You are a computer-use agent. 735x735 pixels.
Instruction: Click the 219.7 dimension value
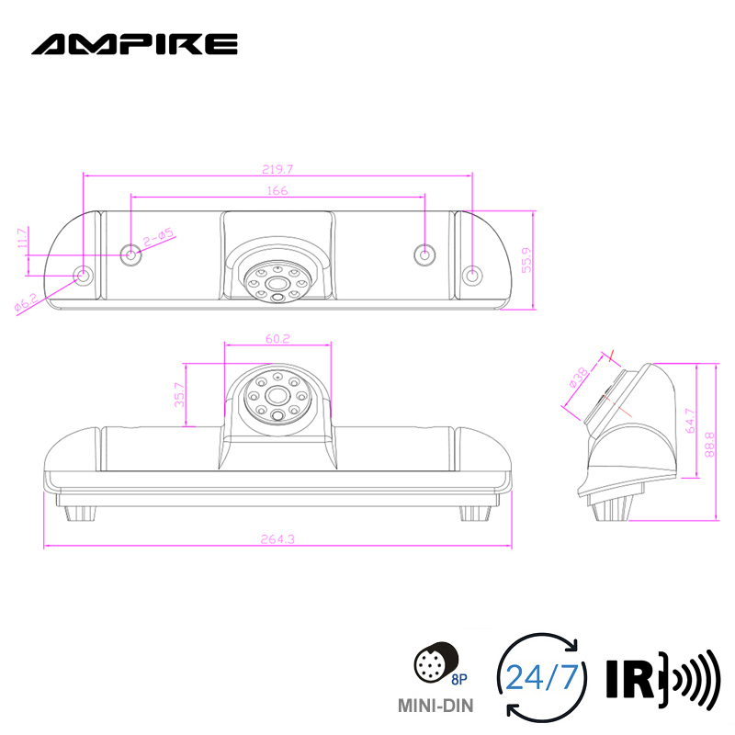click(x=277, y=168)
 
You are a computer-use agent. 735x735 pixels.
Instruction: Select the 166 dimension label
click(x=277, y=190)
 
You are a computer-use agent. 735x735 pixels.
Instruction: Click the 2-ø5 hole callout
click(x=159, y=238)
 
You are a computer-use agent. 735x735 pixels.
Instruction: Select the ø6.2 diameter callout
click(x=26, y=302)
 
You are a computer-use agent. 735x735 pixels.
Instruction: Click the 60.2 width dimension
click(x=277, y=339)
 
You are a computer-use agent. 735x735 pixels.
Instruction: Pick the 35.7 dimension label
click(x=180, y=395)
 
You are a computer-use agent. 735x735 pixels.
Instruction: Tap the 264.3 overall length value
click(x=277, y=539)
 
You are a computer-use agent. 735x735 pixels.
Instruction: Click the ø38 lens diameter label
click(x=577, y=379)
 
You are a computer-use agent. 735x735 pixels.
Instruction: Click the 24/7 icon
click(x=541, y=678)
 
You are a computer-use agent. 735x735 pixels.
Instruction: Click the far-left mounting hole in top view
click(x=83, y=275)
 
